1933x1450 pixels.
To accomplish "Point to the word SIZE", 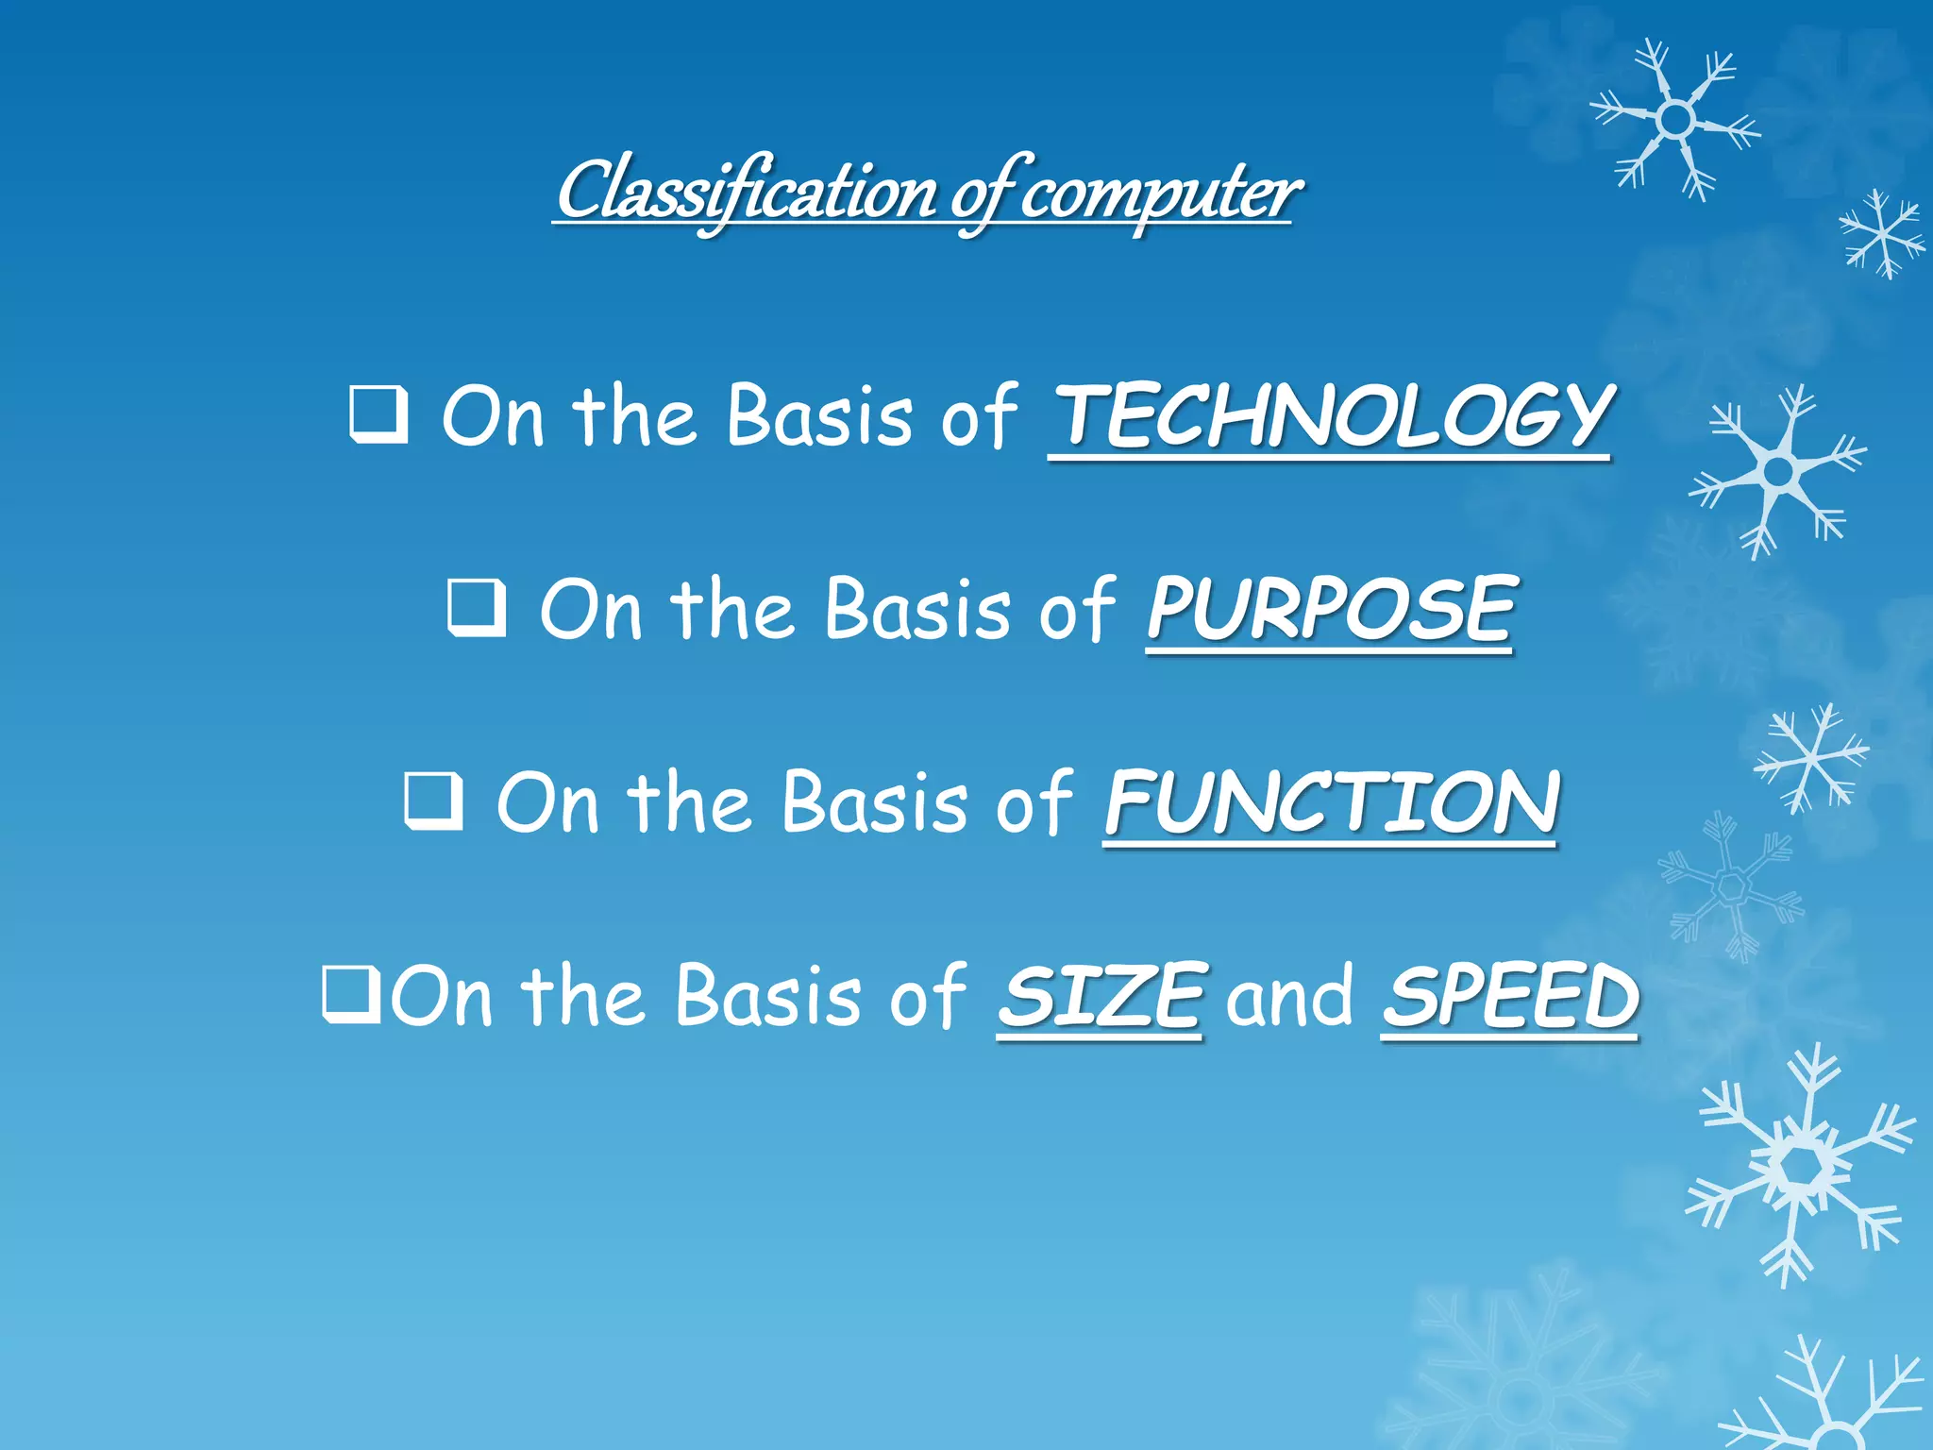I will tap(1101, 996).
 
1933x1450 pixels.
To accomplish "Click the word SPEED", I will tap(1510, 996).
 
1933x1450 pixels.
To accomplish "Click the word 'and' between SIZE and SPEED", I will tap(1290, 996).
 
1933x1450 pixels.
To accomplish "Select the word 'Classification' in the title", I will tap(746, 192).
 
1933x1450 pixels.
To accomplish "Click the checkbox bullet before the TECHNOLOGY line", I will tap(378, 415).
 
